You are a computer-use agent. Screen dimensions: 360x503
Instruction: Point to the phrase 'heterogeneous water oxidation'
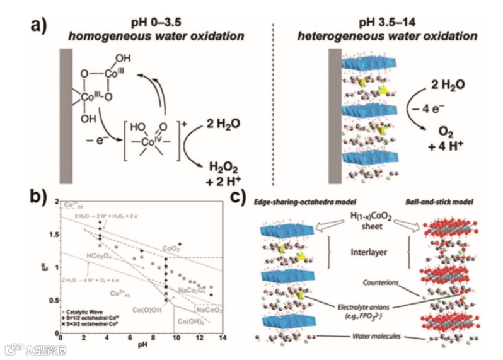(387, 37)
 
